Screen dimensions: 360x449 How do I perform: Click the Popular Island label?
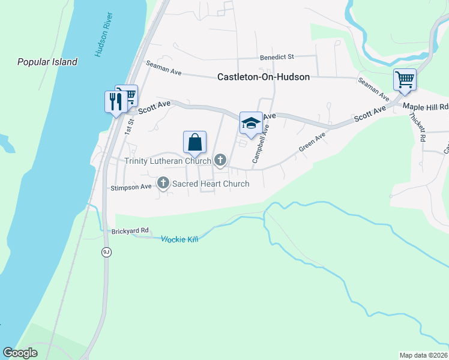click(x=47, y=62)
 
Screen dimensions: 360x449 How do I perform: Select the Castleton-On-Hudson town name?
click(x=264, y=77)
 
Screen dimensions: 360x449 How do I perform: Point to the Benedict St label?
click(x=277, y=58)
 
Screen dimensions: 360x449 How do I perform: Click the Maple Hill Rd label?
click(x=426, y=107)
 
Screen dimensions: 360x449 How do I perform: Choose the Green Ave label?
click(x=312, y=142)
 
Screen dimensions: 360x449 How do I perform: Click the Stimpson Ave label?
click(x=131, y=187)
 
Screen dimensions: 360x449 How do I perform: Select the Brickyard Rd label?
click(x=130, y=231)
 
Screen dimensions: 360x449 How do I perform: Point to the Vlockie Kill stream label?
click(x=179, y=239)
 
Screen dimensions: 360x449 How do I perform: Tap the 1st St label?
click(x=128, y=124)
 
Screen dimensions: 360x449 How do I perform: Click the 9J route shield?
click(x=106, y=252)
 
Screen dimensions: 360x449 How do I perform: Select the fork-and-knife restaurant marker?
click(x=114, y=101)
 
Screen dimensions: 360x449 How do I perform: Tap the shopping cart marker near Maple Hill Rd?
click(x=405, y=80)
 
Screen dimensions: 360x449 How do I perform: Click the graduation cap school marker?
click(x=251, y=123)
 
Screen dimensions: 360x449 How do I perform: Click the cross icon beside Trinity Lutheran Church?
click(x=220, y=160)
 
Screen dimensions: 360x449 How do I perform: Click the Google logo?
click(x=20, y=353)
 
